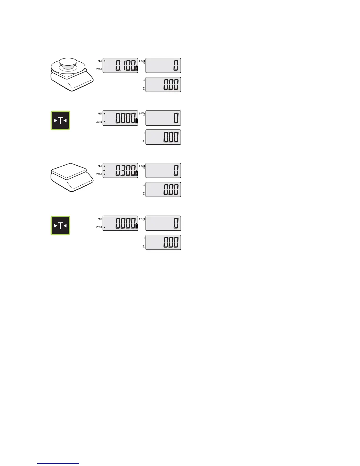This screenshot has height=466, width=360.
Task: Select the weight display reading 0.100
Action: click(120, 65)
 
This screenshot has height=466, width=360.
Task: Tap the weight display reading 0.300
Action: click(120, 170)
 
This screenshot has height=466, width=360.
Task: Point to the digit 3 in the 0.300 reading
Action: click(124, 170)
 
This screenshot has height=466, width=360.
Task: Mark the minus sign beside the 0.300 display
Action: click(104, 170)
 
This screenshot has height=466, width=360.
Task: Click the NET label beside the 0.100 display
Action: click(100, 61)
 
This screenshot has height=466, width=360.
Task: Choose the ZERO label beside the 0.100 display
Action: click(99, 69)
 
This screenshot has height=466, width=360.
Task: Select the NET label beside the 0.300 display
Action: click(100, 166)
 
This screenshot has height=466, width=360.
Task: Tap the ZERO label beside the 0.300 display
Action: click(99, 174)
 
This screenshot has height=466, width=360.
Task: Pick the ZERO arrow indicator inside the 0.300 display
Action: click(104, 174)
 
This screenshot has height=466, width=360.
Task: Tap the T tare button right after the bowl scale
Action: click(60, 120)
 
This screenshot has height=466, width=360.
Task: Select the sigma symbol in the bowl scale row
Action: click(144, 89)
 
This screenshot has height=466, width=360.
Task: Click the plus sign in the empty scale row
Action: click(144, 185)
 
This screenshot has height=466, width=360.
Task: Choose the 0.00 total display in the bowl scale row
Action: click(163, 85)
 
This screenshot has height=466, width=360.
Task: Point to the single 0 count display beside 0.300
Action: click(163, 170)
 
